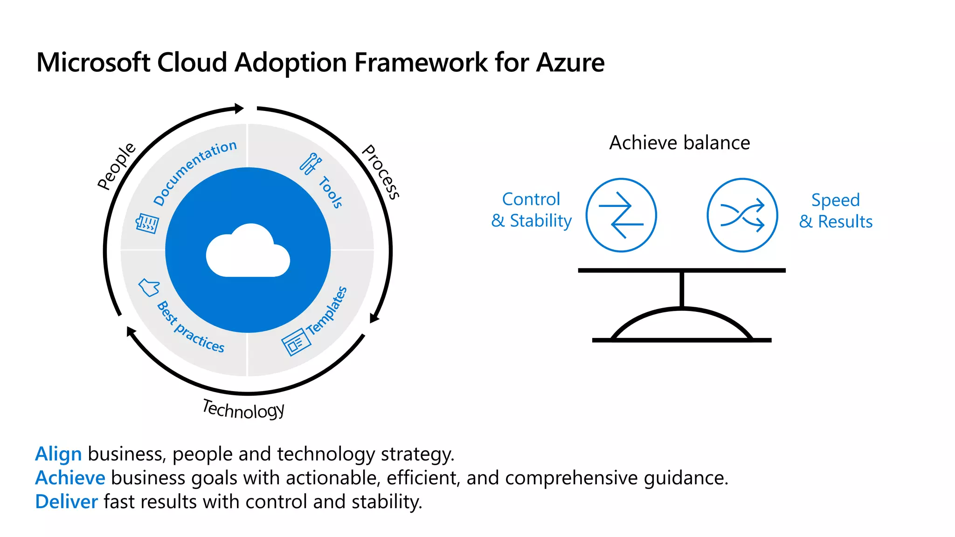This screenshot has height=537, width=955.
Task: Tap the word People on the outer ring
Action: pyautogui.click(x=116, y=166)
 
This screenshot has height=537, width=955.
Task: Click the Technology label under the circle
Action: pyautogui.click(x=243, y=410)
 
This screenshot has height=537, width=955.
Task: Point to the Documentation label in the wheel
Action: pyautogui.click(x=195, y=172)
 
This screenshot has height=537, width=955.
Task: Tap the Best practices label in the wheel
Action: pyautogui.click(x=190, y=327)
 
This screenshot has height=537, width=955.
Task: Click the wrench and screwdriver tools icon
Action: pyautogui.click(x=310, y=164)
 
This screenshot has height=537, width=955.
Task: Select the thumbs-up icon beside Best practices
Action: pyautogui.click(x=149, y=287)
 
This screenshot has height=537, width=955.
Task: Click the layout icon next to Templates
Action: pyautogui.click(x=296, y=343)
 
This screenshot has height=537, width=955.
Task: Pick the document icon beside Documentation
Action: pyautogui.click(x=147, y=224)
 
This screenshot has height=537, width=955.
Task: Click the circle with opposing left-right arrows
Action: pyautogui.click(x=621, y=215)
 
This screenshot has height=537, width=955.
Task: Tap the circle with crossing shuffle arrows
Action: pyautogui.click(x=742, y=215)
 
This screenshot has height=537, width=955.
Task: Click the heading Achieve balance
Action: pyautogui.click(x=679, y=143)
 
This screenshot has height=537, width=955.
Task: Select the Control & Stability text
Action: pyautogui.click(x=531, y=210)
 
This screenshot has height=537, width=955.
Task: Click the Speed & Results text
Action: pyautogui.click(x=836, y=211)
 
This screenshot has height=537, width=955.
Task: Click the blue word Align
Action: pyautogui.click(x=59, y=454)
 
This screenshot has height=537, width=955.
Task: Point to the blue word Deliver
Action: pyautogui.click(x=67, y=502)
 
